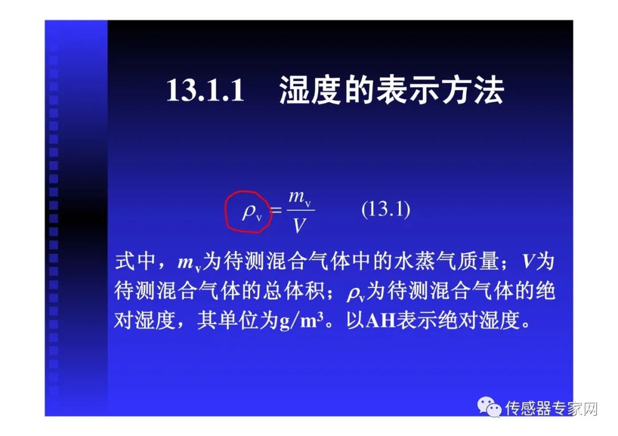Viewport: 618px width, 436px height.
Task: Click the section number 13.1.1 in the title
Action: pos(205,90)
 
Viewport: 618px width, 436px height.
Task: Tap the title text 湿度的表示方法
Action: pos(391,90)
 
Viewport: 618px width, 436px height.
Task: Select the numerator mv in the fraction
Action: pos(299,198)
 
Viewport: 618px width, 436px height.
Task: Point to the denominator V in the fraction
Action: pos(299,226)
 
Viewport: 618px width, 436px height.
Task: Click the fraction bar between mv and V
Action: pos(299,211)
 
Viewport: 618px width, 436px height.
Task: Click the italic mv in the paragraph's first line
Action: pos(188,263)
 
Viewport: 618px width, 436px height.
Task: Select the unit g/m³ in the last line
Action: pos(306,321)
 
